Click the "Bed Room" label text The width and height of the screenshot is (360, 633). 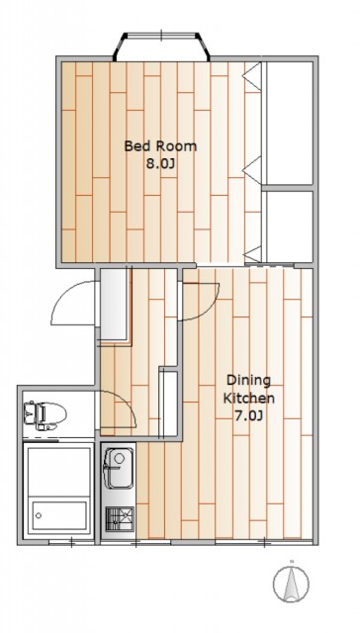tap(160, 145)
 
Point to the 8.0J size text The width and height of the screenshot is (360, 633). tap(161, 164)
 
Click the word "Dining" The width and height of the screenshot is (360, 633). tap(248, 380)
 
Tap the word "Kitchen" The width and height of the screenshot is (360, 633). tap(249, 398)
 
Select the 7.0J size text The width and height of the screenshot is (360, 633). tap(248, 415)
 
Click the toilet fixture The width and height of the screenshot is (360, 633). tap(45, 414)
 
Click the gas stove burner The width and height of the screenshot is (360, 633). tap(120, 518)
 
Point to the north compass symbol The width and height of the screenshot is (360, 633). tap(291, 584)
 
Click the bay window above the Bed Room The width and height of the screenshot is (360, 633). tap(161, 45)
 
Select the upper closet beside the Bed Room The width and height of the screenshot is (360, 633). tap(290, 123)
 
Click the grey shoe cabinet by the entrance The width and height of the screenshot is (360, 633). tap(114, 304)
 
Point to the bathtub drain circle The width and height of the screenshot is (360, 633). tap(39, 515)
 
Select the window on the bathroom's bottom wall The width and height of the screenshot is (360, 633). tap(72, 543)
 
